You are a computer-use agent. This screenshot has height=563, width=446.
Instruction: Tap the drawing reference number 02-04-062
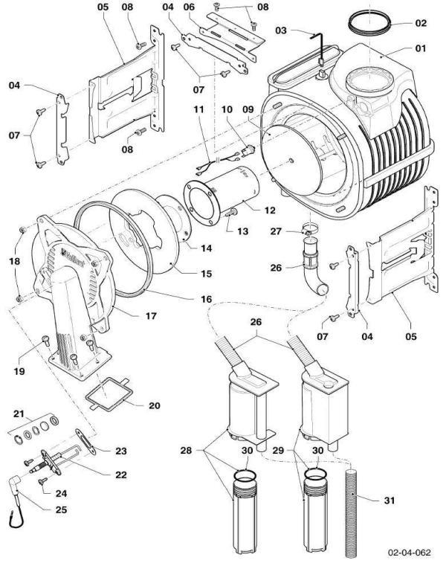coord(407,553)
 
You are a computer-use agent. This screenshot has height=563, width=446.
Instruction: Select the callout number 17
coord(151,316)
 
